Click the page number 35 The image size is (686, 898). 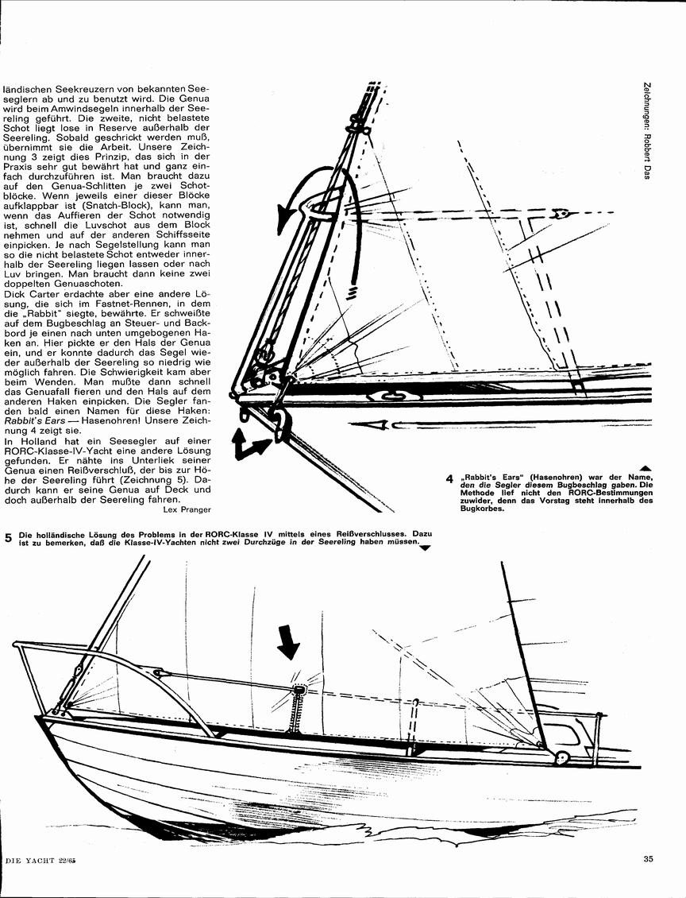(648, 858)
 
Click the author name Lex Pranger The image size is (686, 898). (187, 509)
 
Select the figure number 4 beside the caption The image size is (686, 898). (450, 479)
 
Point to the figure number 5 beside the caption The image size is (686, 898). (8, 538)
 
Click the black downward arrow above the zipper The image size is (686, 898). (287, 641)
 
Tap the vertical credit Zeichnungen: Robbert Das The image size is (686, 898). (647, 132)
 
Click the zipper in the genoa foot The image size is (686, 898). (297, 714)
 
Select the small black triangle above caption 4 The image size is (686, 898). (646, 468)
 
